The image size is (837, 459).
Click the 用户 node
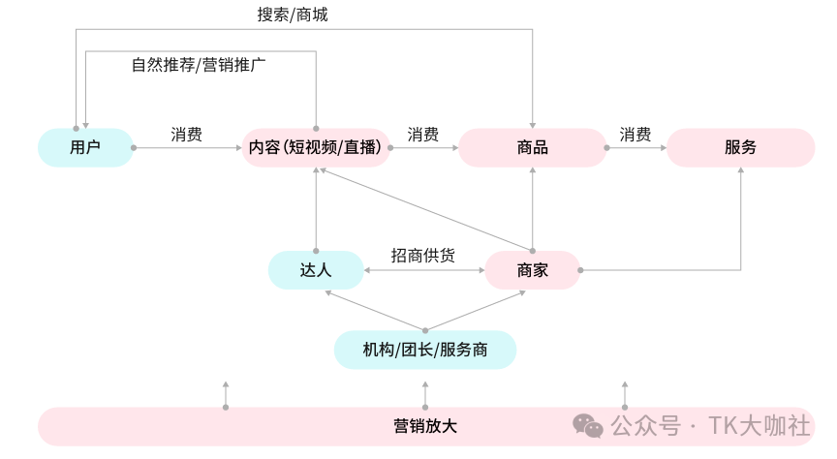[85, 148]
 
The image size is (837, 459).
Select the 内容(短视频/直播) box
[317, 148]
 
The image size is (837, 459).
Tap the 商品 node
[533, 148]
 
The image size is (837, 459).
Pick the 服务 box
[740, 148]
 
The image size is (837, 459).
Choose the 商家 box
[533, 270]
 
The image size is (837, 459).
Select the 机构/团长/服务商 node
[424, 350]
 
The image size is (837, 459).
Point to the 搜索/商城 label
[299, 15]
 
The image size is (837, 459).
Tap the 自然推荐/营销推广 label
[200, 65]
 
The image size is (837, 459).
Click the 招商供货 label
[423, 255]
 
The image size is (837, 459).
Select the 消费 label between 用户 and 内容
[186, 134]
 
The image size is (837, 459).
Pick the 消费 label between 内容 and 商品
[422, 134]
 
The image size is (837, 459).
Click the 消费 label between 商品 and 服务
[635, 134]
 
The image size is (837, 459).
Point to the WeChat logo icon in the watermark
[587, 425]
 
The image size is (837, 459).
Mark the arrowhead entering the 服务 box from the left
[664, 148]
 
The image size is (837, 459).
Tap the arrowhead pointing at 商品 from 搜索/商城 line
[533, 123]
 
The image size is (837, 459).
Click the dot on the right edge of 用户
[134, 148]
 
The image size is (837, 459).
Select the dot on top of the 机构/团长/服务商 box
[424, 330]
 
